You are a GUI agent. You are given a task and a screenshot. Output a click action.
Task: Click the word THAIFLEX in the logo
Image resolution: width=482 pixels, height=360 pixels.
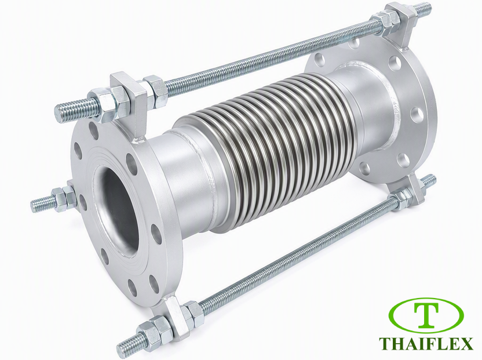click(x=430, y=343)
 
